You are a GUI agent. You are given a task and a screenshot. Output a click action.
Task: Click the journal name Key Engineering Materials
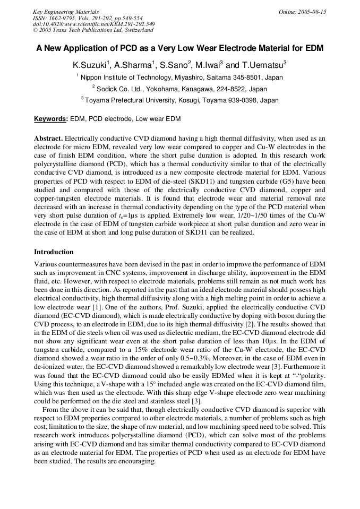[x=66, y=12]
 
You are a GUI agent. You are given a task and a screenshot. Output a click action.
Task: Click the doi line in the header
[x=94, y=24]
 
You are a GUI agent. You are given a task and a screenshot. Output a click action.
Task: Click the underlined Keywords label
[x=50, y=119]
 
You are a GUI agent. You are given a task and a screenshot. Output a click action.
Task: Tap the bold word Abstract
[x=48, y=139]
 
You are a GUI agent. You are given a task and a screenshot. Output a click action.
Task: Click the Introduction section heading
[x=54, y=252]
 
